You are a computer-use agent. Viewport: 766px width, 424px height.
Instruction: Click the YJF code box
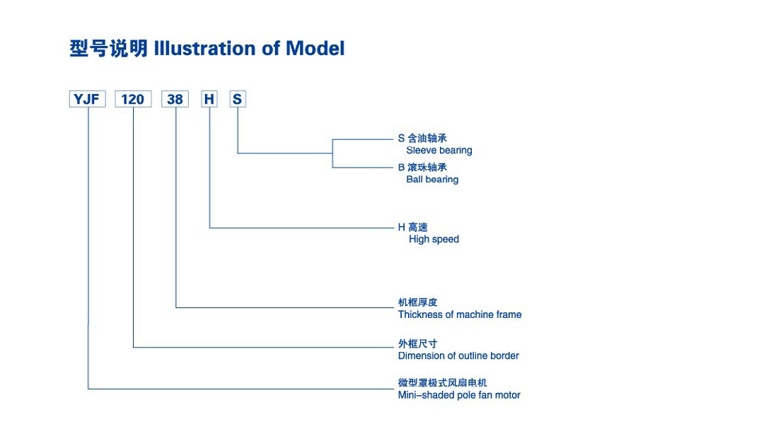(88, 99)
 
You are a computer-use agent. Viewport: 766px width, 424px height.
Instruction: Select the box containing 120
(133, 99)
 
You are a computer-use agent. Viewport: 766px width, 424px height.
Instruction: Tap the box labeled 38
(175, 99)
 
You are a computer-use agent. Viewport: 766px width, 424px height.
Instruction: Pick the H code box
(209, 99)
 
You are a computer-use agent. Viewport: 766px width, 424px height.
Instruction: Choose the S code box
(238, 99)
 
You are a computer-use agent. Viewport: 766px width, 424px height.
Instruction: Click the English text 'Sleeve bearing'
(439, 151)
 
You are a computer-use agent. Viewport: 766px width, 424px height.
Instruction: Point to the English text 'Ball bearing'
(432, 179)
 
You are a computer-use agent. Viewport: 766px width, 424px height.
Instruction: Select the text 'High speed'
(434, 240)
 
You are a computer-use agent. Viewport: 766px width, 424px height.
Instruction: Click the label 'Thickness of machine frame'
(460, 314)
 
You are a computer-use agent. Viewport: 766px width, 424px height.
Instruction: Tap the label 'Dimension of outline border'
(458, 355)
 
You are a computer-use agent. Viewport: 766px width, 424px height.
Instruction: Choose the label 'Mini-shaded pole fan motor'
(459, 395)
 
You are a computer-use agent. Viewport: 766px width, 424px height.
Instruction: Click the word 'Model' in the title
(315, 48)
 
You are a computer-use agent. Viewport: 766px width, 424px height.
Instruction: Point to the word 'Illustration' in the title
(204, 48)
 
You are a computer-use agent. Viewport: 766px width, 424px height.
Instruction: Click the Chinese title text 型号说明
(108, 48)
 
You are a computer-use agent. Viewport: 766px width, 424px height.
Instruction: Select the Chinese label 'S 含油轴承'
(422, 138)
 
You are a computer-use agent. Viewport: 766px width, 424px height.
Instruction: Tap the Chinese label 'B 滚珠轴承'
(422, 167)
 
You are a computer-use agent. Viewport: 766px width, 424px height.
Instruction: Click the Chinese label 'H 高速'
(413, 228)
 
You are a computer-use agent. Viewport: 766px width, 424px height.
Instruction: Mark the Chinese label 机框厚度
(418, 302)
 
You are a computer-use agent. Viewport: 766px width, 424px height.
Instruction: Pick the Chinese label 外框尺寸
(418, 343)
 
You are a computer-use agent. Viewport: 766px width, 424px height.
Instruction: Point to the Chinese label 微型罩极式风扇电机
(443, 383)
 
